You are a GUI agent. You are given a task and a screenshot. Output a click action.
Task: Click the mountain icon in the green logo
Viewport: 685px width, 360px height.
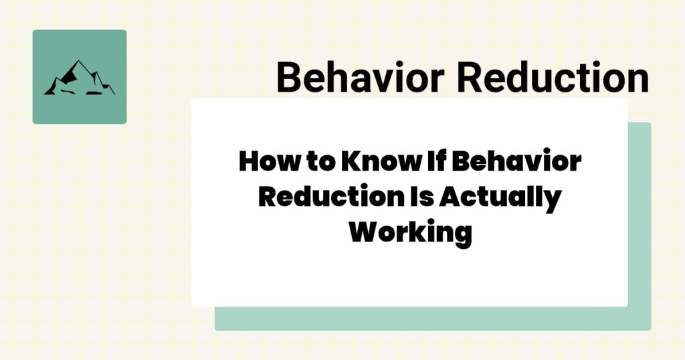click(x=79, y=78)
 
